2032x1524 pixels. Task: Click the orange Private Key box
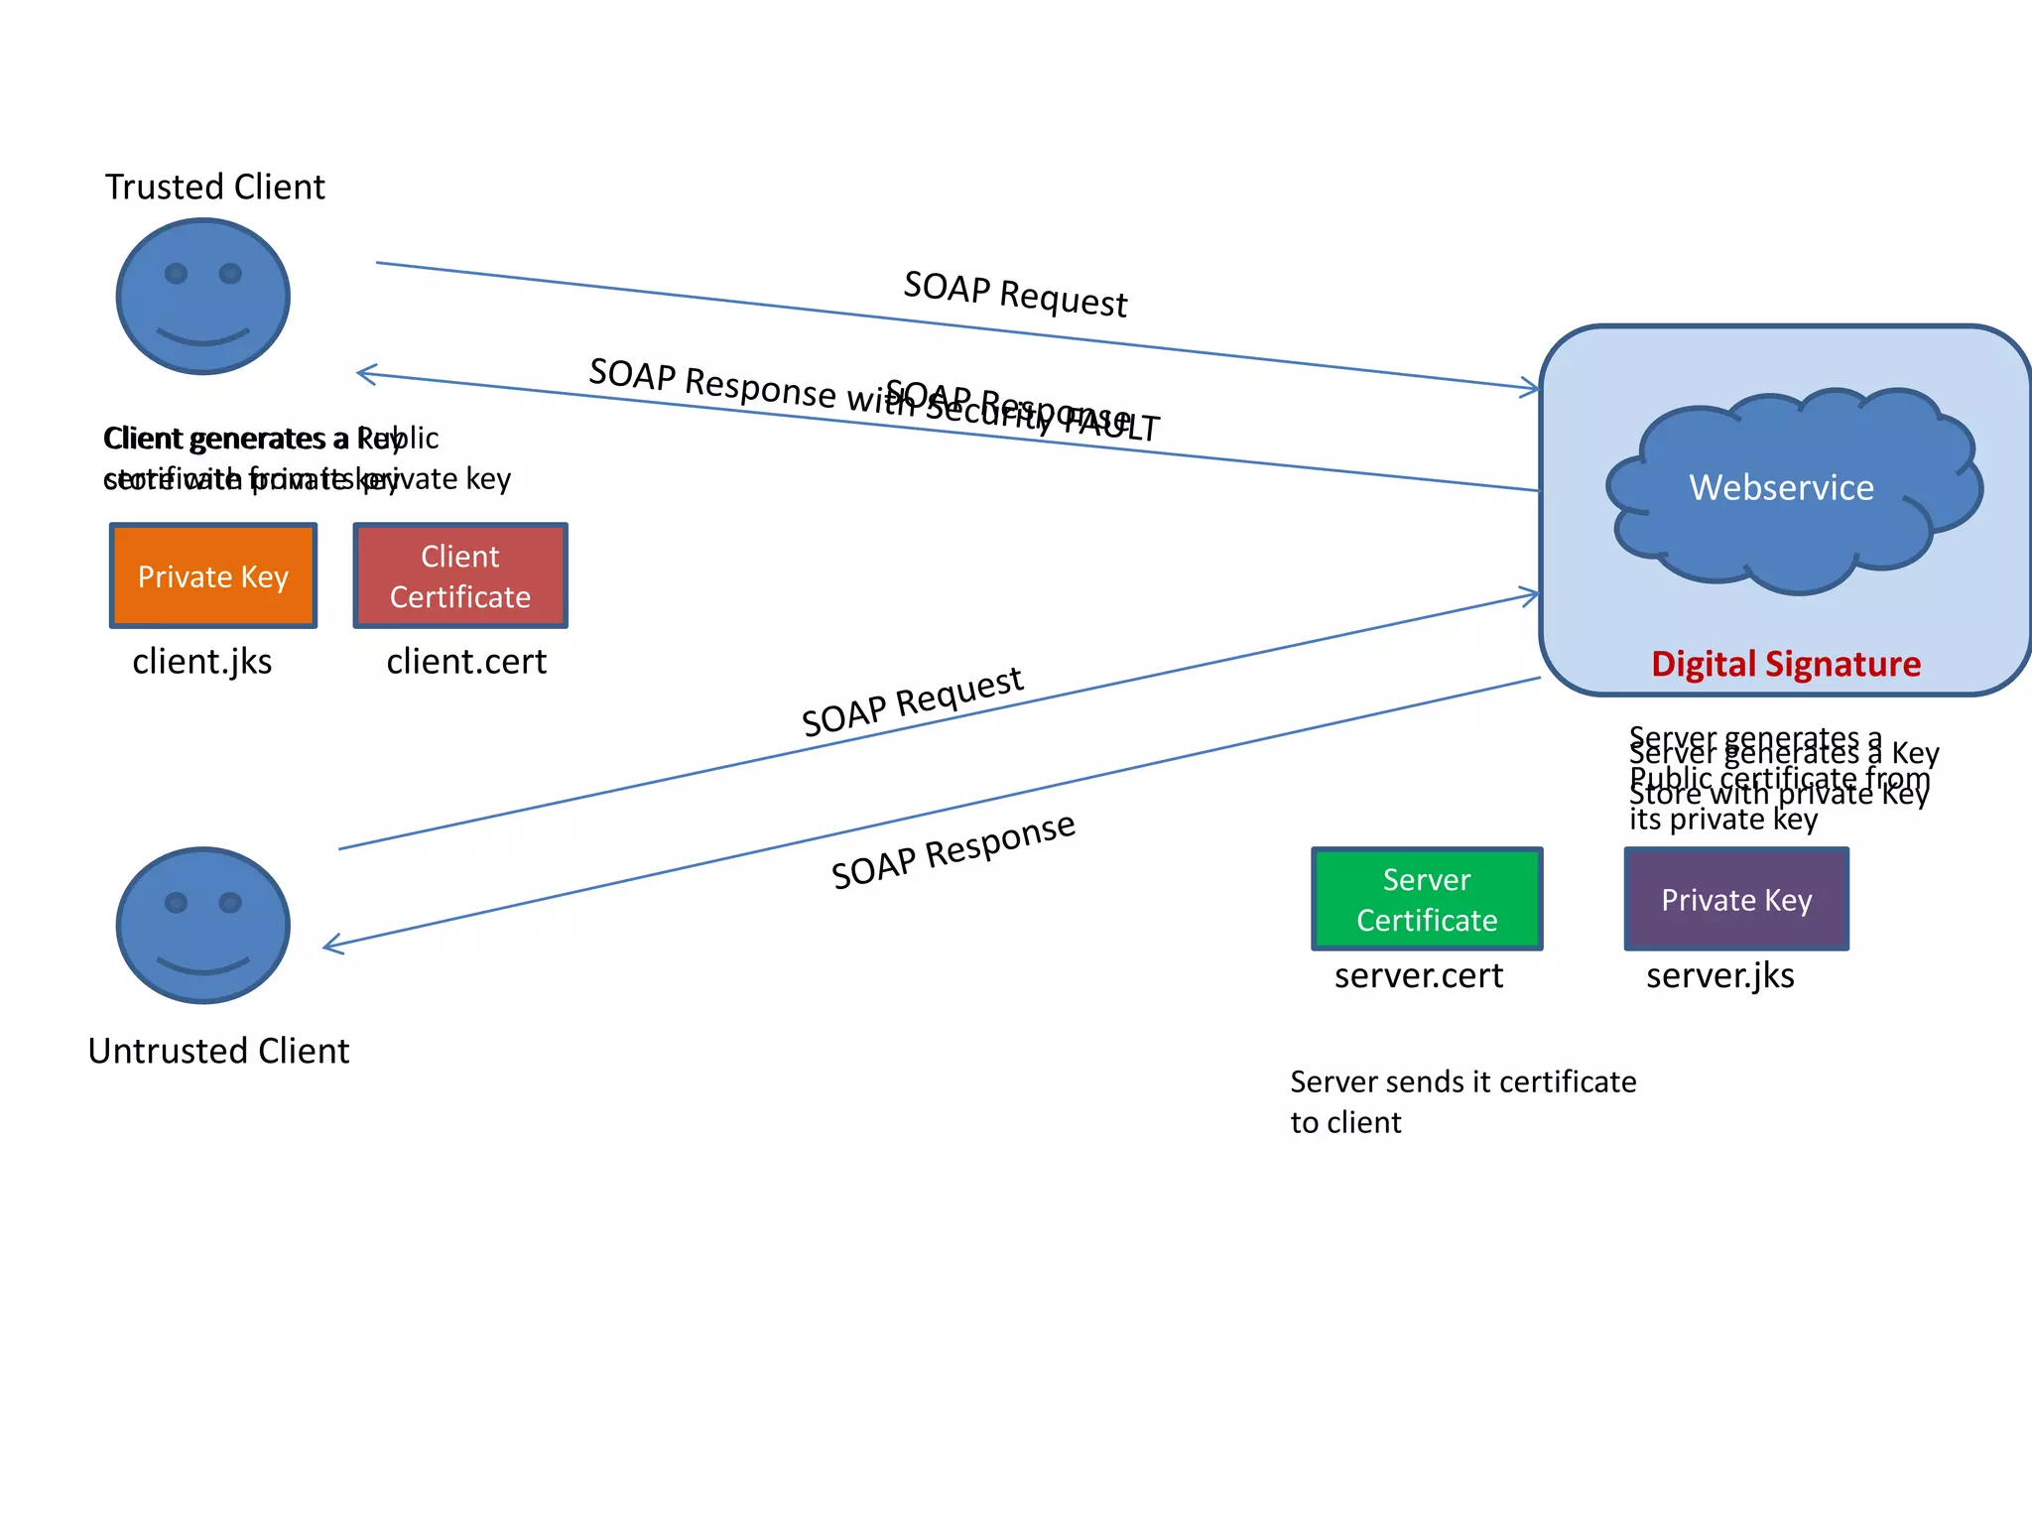[x=213, y=576]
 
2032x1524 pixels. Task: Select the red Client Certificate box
[x=460, y=576]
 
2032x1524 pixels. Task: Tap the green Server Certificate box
[x=1427, y=900]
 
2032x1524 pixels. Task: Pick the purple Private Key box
[x=1736, y=900]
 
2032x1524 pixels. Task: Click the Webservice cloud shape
[x=1782, y=488]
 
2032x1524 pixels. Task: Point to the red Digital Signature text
[x=1786, y=664]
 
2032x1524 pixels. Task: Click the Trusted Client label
[x=215, y=187]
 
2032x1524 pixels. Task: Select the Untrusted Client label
[x=218, y=1051]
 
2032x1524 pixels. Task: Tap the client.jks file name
[x=202, y=662]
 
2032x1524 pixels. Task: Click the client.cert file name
[x=466, y=662]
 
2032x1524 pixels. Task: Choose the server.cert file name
[x=1419, y=976]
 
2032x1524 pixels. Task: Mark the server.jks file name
[x=1720, y=976]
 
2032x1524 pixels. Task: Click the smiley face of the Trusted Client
[x=203, y=296]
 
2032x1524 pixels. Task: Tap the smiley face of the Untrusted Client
[x=203, y=925]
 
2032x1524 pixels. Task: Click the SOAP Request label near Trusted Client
[x=1015, y=294]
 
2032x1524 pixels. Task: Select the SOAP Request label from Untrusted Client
[x=912, y=701]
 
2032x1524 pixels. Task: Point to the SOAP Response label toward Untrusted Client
[x=952, y=850]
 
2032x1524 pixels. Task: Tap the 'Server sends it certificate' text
[x=1462, y=1082]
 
